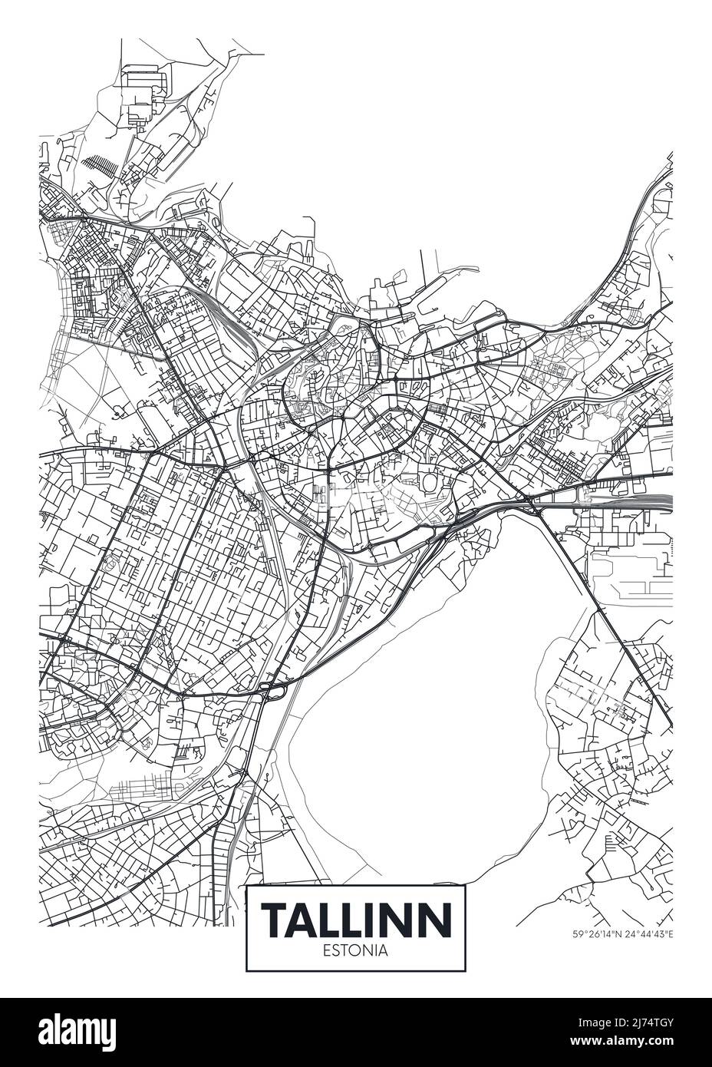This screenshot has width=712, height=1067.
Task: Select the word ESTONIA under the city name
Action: coord(356,950)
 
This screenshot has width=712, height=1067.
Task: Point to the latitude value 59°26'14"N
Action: coord(597,934)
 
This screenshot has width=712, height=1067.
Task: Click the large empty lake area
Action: coord(430,691)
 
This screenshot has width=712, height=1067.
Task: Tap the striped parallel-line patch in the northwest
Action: coord(98,167)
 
